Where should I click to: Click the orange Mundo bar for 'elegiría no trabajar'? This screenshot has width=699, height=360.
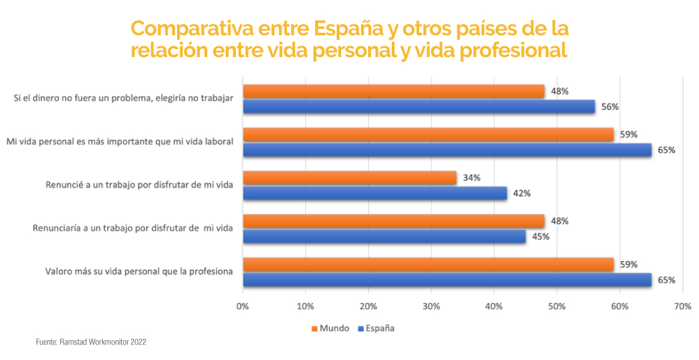pyautogui.click(x=393, y=91)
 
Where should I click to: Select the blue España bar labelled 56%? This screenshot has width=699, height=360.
pyautogui.click(x=419, y=107)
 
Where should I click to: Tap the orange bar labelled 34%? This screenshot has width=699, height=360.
pyautogui.click(x=349, y=178)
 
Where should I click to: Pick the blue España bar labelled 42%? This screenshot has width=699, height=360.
pyautogui.click(x=375, y=193)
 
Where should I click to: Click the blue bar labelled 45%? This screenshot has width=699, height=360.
pyautogui.click(x=384, y=237)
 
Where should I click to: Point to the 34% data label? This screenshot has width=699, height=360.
pyautogui.click(x=471, y=178)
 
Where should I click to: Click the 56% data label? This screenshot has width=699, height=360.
pyautogui.click(x=610, y=107)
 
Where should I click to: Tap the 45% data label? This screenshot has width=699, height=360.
pyautogui.click(x=541, y=237)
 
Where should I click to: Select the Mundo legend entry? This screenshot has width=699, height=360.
pyautogui.click(x=330, y=329)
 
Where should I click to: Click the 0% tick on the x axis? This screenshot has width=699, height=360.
pyautogui.click(x=242, y=307)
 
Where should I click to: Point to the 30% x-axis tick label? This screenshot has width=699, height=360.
pyautogui.click(x=431, y=307)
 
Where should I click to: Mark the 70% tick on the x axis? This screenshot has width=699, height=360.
pyautogui.click(x=682, y=307)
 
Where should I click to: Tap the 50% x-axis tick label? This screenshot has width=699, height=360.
pyautogui.click(x=557, y=307)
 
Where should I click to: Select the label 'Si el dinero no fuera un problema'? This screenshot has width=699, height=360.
pyautogui.click(x=123, y=98)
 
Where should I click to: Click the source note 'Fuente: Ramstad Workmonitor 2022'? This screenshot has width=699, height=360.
pyautogui.click(x=91, y=343)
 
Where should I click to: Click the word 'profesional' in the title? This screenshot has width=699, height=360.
pyautogui.click(x=514, y=50)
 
